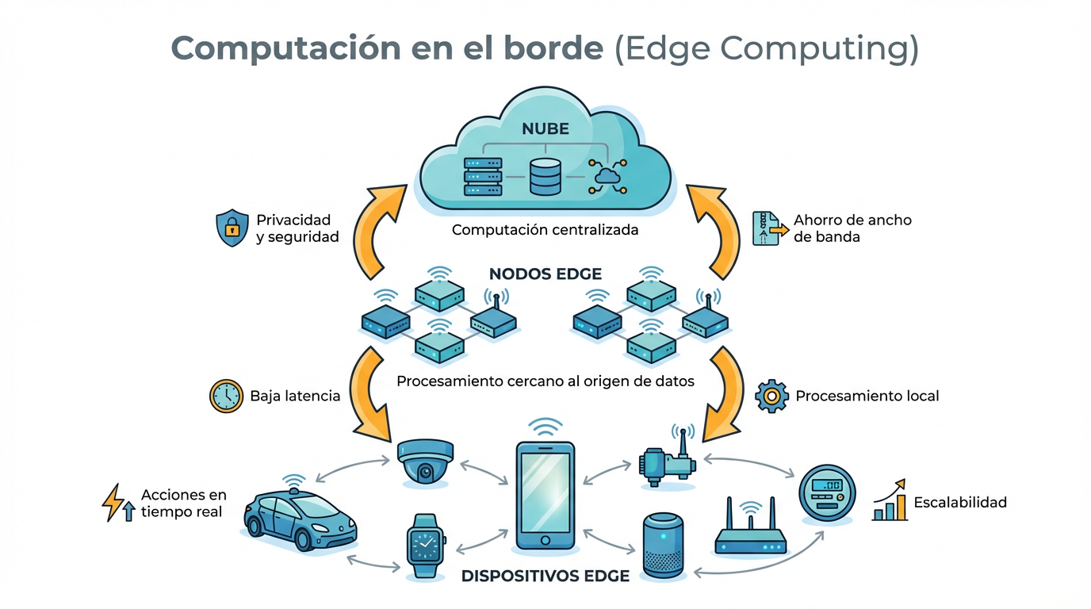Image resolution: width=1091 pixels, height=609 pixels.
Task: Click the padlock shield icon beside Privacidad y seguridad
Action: (232, 228)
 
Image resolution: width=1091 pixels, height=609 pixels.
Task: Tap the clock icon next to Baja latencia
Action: (226, 396)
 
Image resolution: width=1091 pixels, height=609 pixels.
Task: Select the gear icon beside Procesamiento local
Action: (771, 395)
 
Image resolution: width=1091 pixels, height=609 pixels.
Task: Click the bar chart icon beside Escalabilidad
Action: (890, 501)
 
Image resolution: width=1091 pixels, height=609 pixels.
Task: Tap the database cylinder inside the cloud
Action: (545, 176)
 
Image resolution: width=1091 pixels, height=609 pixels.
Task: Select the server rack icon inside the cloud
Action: (482, 176)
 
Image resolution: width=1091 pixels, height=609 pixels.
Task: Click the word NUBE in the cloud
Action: (545, 128)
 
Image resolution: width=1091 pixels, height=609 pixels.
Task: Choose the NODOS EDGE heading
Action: (545, 274)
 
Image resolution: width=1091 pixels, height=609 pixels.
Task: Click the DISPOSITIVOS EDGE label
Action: (545, 576)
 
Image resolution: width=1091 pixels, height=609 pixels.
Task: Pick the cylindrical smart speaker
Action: (663, 546)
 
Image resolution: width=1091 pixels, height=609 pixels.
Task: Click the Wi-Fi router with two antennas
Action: (750, 531)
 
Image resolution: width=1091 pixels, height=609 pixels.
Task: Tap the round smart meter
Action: (828, 493)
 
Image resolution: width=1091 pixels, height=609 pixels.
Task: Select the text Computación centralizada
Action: (545, 230)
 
